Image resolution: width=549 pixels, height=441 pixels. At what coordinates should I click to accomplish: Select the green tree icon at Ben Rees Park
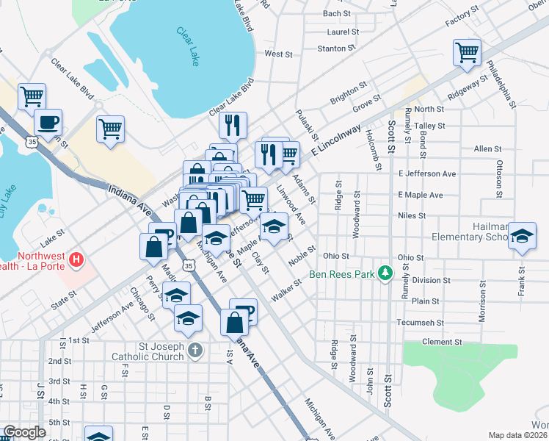click(383, 273)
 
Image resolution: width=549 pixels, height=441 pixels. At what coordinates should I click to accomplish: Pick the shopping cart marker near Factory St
click(467, 53)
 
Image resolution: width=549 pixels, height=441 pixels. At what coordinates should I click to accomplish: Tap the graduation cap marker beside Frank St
click(523, 237)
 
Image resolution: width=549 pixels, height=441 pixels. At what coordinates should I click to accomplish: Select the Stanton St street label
click(337, 49)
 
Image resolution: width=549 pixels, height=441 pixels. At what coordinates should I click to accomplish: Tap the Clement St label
click(442, 342)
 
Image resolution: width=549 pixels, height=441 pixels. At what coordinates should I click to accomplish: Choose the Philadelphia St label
click(506, 82)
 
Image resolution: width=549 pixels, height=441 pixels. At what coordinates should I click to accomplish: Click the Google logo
click(25, 432)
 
